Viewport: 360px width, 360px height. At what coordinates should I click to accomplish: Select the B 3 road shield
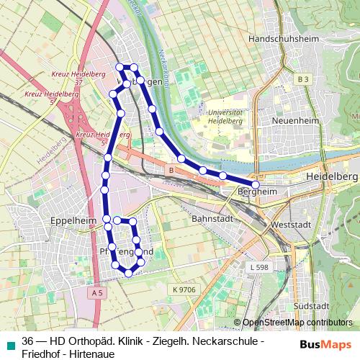click(x=303, y=78)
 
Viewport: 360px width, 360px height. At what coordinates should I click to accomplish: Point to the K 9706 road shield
click(x=184, y=289)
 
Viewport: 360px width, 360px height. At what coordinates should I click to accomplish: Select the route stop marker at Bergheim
click(x=255, y=185)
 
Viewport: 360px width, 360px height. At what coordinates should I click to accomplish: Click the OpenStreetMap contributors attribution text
click(x=297, y=323)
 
